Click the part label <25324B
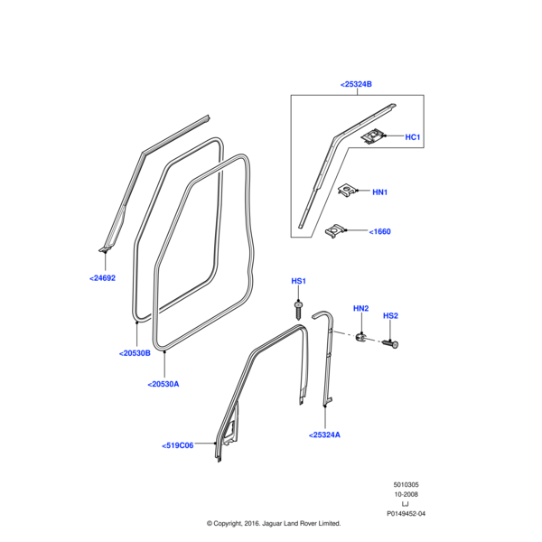coord(357,84)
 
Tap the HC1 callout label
coord(414,137)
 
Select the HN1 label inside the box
coord(379,192)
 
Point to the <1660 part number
coord(380,232)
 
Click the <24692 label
coord(102,278)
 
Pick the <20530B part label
coord(135,354)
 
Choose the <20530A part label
coord(164,384)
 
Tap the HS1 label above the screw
coord(298,282)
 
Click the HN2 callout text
coord(360,309)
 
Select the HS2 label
coord(390,315)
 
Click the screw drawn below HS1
coord(299,310)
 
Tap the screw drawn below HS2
coord(393,344)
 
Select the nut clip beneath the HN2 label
coord(360,339)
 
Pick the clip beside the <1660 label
coord(336,232)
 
